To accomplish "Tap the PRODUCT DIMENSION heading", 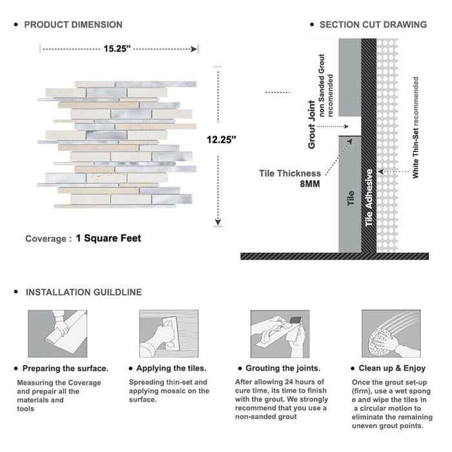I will (73, 25).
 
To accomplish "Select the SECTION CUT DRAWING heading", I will (373, 25).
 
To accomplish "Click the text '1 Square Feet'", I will (108, 238).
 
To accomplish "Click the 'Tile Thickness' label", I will (289, 173).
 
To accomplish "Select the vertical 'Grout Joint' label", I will (312, 125).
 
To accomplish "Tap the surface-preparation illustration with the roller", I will (57, 334).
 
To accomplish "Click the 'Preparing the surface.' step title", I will (65, 368).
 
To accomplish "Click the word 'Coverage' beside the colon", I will (45, 239).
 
